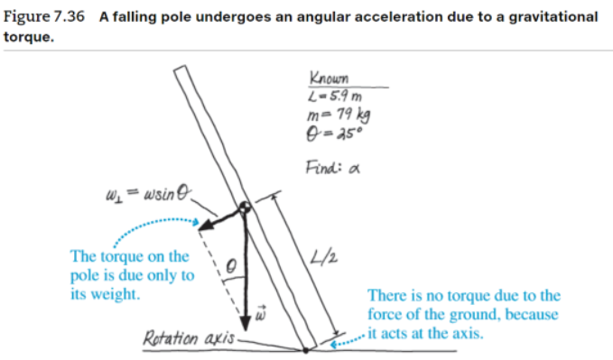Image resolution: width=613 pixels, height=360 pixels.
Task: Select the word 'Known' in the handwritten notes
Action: point(326,78)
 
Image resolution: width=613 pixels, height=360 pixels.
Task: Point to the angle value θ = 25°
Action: point(333,132)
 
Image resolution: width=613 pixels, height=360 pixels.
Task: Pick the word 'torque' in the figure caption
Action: point(28,36)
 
